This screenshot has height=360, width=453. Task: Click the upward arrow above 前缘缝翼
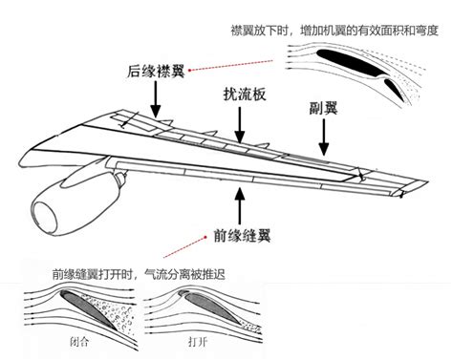point(237,201)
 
